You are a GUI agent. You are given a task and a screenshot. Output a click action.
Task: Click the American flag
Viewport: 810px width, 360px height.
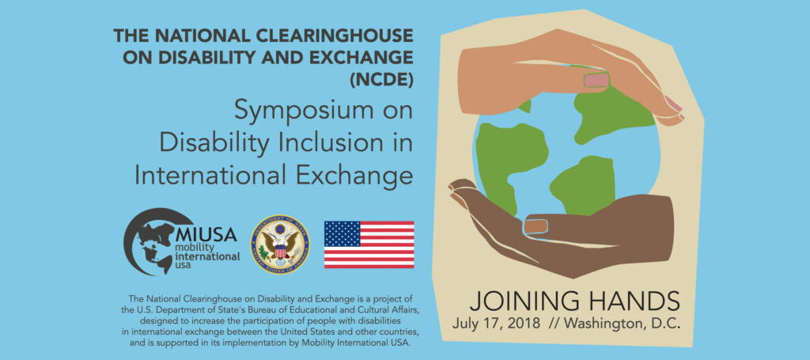pos(369,244)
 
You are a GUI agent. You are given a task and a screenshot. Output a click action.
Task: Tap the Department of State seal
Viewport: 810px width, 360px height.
pos(280,244)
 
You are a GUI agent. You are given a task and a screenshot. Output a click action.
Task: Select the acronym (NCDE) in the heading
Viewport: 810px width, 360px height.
pos(383,79)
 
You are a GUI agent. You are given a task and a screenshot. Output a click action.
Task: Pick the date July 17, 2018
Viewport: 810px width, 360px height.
pos(497,324)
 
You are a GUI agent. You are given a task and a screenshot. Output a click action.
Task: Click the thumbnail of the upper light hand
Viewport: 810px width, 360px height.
pos(596,79)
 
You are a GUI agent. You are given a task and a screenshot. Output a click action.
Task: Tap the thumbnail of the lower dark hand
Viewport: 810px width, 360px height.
pos(536,225)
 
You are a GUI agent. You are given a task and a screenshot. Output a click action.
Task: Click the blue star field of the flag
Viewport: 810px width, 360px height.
pos(342,233)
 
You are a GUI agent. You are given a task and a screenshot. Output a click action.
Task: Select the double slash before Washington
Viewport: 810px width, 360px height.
pos(556,324)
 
